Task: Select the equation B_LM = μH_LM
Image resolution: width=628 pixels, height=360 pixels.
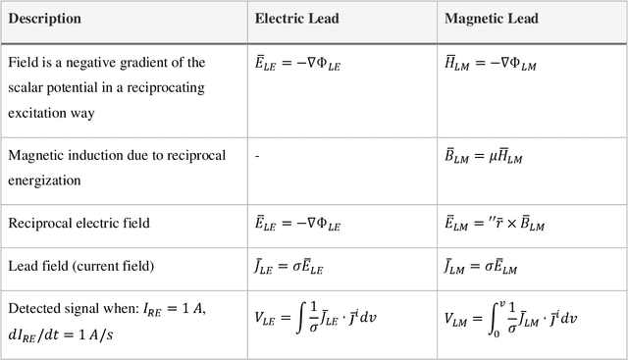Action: (x=490, y=156)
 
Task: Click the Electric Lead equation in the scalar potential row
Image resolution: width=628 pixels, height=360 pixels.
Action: (x=300, y=64)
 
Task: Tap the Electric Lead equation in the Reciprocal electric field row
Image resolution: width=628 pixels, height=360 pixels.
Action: (x=300, y=224)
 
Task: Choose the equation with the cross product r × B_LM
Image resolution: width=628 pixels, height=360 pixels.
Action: (x=496, y=224)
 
